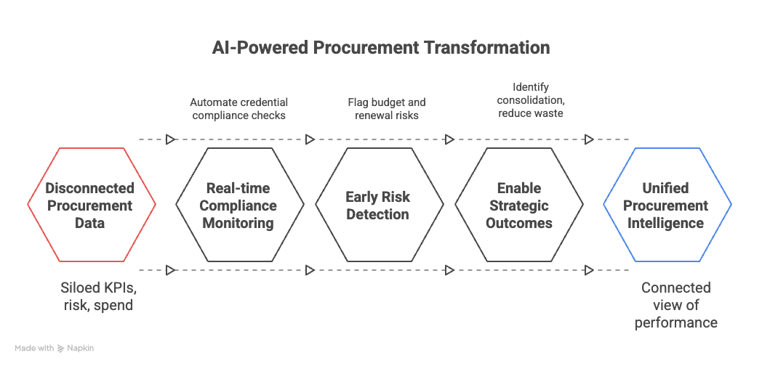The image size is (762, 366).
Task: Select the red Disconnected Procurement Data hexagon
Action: (92, 206)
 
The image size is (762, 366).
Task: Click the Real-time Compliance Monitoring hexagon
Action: (240, 206)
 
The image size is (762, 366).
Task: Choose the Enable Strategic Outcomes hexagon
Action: (519, 206)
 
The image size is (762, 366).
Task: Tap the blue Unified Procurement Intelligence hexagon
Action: (666, 206)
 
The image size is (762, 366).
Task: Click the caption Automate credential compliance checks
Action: (239, 109)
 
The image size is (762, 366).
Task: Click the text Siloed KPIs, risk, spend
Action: (97, 296)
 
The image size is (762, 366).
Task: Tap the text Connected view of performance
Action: (675, 305)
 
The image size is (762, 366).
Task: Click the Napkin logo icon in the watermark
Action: (61, 349)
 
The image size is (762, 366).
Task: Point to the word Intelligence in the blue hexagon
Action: (666, 223)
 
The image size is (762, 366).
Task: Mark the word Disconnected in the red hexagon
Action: (90, 188)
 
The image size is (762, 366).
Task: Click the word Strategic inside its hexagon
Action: (519, 206)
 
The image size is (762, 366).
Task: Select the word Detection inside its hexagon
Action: (377, 214)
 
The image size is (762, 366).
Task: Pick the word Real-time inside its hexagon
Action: (239, 188)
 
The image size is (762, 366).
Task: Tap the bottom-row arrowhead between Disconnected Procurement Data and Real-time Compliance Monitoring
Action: (170, 270)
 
